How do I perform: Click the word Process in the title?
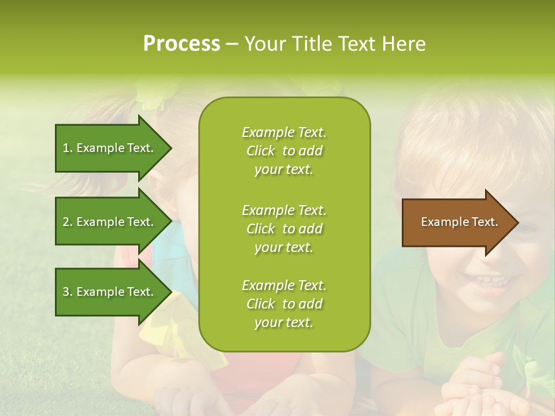(182, 44)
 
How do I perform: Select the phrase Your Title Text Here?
(335, 44)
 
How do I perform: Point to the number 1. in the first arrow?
(67, 148)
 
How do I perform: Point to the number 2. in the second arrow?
(67, 222)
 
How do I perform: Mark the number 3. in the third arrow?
(67, 292)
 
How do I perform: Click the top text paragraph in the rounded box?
(284, 151)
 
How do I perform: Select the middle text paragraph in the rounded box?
(284, 229)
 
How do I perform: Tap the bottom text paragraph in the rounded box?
(284, 304)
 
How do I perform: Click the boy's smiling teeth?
(489, 281)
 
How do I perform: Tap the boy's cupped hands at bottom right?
(471, 387)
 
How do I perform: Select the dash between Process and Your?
(232, 44)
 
